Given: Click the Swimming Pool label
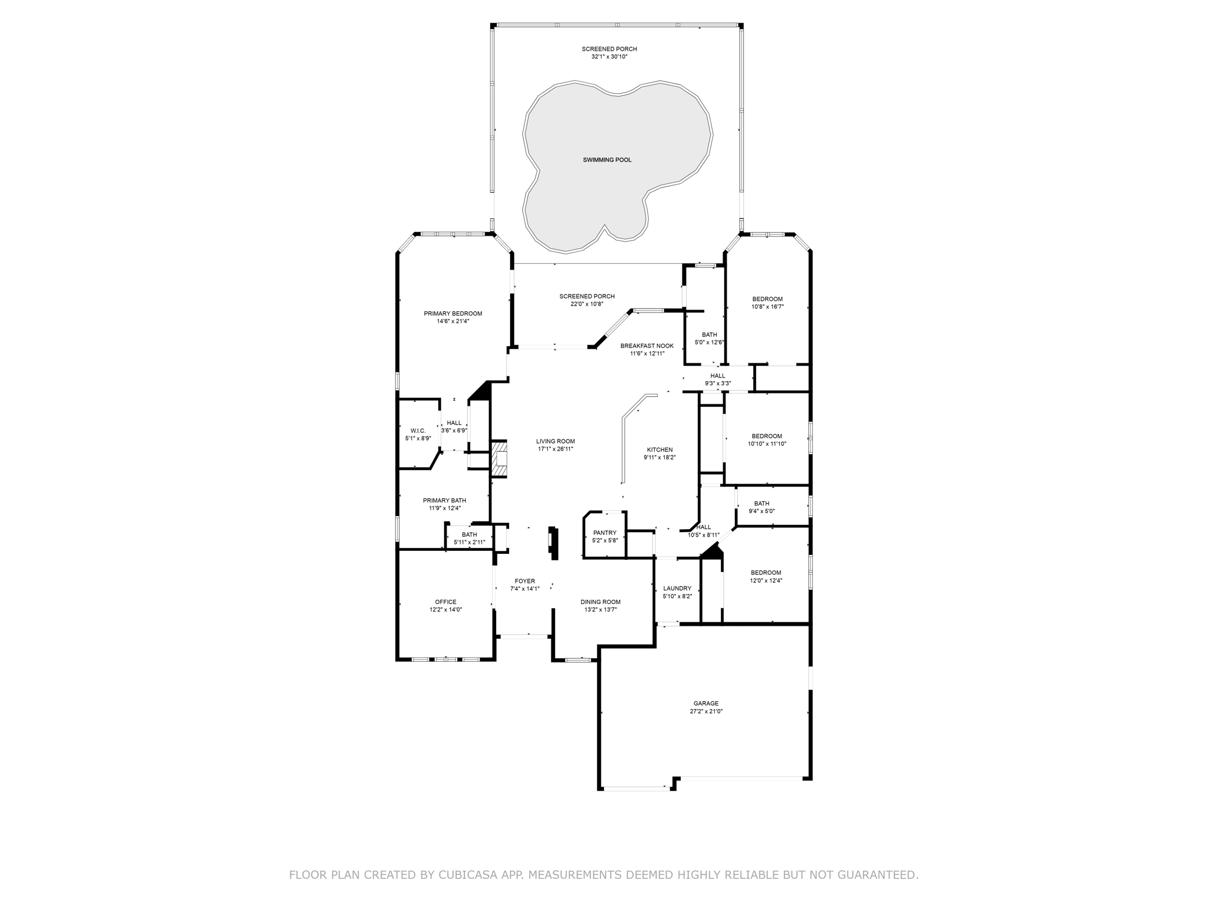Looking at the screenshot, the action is coord(607,160).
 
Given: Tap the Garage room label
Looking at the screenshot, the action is coord(706,703).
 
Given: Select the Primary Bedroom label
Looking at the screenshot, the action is coord(453,313).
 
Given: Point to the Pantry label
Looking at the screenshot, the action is coord(605,533).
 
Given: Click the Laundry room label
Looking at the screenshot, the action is coord(677,588).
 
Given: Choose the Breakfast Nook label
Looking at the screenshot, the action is coord(647,346).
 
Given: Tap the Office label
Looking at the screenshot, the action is coord(446,602).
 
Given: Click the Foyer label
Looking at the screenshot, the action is coord(525,581).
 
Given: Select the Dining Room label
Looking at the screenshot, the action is coord(600,602).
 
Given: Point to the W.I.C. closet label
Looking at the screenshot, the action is coord(418,431).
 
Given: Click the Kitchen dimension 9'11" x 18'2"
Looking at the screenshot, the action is coord(659,457).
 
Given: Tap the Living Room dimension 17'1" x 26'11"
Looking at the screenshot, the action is coord(556,449).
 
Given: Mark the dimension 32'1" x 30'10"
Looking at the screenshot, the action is coord(609,57).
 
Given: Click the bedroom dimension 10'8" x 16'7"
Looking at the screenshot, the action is coord(767,307).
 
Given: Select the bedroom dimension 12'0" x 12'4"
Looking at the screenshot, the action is coord(766,580).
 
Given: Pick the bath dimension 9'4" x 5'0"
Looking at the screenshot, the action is coord(761,511).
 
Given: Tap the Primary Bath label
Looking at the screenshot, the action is coord(445,500).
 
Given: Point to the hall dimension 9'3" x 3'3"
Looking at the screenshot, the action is coord(718,383).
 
